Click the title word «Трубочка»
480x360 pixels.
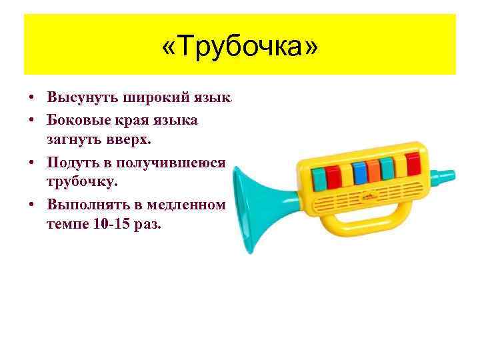pos(240,47)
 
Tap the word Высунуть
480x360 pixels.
pos(82,97)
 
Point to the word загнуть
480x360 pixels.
pos(73,141)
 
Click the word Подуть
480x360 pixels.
pos(73,163)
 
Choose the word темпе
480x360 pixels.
pos(67,224)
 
